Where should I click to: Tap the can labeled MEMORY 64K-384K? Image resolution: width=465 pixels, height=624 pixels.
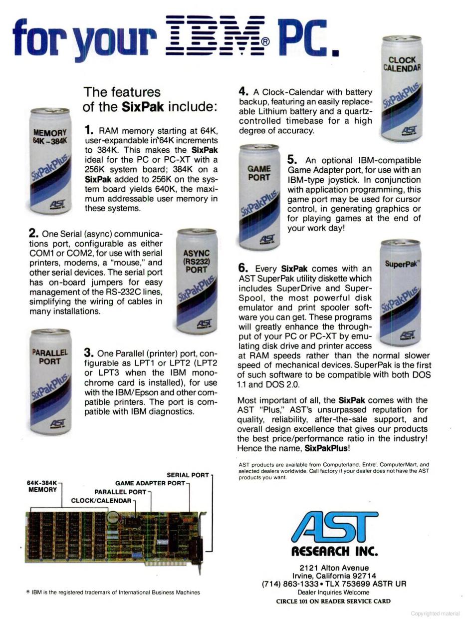pyautogui.click(x=49, y=161)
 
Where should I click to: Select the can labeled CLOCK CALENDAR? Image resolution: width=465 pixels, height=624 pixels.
pyautogui.click(x=402, y=89)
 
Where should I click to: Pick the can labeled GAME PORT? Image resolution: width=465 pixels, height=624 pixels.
pyautogui.click(x=259, y=197)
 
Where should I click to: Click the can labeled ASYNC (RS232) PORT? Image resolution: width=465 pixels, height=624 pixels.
pyautogui.click(x=197, y=282)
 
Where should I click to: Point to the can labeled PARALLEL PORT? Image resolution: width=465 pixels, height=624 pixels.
pyautogui.click(x=50, y=381)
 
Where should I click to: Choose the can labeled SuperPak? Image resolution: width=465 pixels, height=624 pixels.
pyautogui.click(x=400, y=293)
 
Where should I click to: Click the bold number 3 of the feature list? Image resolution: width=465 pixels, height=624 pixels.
pyautogui.click(x=89, y=353)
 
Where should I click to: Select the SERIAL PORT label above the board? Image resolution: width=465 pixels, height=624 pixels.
pyautogui.click(x=187, y=475)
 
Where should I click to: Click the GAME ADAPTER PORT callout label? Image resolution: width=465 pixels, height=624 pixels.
pyautogui.click(x=150, y=483)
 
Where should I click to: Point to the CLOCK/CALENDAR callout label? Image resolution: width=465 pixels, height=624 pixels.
pyautogui.click(x=101, y=500)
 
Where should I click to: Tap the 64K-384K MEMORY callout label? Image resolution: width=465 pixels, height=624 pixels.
pyautogui.click(x=42, y=486)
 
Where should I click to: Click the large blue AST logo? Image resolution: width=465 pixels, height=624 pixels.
pyautogui.click(x=334, y=527)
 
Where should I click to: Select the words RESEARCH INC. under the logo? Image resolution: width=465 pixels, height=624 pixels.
pyautogui.click(x=334, y=552)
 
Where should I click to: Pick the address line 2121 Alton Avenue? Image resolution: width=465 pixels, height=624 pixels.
pyautogui.click(x=334, y=567)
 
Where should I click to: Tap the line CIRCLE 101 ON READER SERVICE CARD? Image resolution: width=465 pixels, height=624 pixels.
pyautogui.click(x=333, y=601)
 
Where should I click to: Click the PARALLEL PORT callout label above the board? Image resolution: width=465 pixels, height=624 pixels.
pyautogui.click(x=120, y=492)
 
